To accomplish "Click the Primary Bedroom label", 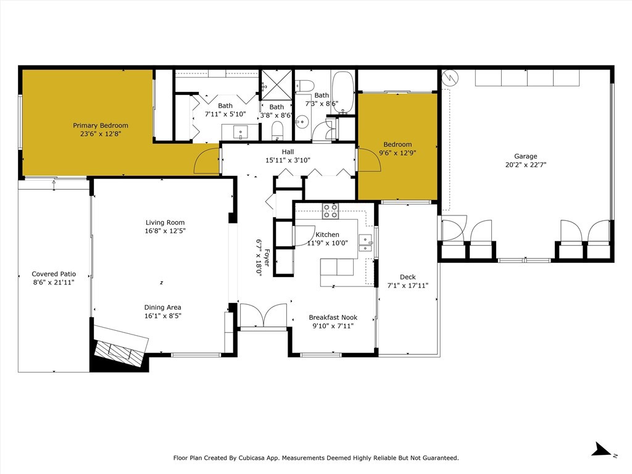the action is (x=101, y=125).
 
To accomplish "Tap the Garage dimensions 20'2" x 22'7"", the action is (x=526, y=164).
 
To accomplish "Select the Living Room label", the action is (x=165, y=222).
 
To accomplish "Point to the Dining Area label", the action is (x=163, y=307).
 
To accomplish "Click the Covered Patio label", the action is (x=54, y=273).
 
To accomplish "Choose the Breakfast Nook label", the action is (x=333, y=317).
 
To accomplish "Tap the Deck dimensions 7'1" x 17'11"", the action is (x=407, y=285).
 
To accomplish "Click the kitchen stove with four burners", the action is (x=330, y=211).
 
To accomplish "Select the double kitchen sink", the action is (x=365, y=243).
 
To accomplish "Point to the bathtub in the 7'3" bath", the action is (x=343, y=92).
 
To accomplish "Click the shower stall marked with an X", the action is (x=276, y=84).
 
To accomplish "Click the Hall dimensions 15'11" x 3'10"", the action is (x=288, y=160).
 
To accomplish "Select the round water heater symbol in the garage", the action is (x=450, y=78).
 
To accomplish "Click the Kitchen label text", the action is (x=327, y=234).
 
